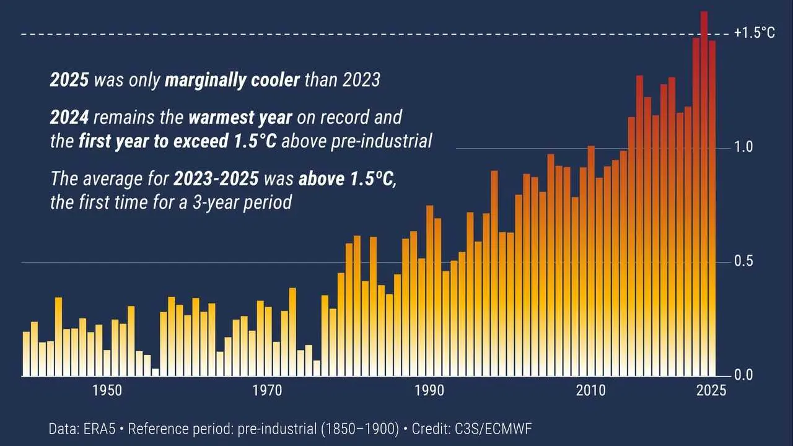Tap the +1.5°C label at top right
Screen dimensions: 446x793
[x=754, y=33]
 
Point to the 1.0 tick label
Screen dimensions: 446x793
[x=743, y=147]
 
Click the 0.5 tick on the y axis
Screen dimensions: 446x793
[x=743, y=261]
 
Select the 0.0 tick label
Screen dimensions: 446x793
[x=743, y=375]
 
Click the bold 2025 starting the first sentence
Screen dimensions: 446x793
[x=69, y=81]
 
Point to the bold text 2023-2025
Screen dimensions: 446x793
[x=216, y=179]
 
